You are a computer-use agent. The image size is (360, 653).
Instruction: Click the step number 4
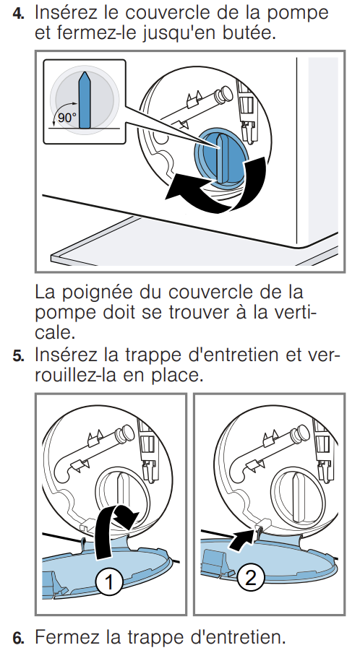[x=18, y=13]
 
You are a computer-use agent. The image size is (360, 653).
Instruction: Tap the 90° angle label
[x=67, y=118]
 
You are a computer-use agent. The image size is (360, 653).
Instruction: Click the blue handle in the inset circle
[x=85, y=100]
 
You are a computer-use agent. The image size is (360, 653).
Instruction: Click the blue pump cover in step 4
[x=220, y=155]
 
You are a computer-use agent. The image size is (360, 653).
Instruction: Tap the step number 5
[x=18, y=357]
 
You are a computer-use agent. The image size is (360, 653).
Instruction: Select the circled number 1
[x=109, y=581]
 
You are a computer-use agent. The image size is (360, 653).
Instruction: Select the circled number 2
[x=250, y=578]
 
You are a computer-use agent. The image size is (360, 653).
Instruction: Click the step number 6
[x=18, y=638]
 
